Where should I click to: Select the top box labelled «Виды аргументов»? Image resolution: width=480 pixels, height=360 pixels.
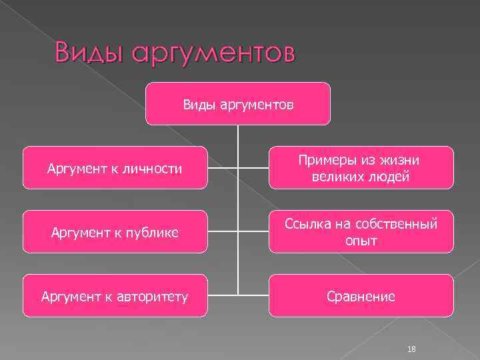(238, 103)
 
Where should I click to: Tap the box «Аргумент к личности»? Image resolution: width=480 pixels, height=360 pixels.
(115, 168)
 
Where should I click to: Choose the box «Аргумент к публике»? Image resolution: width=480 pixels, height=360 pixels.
(115, 232)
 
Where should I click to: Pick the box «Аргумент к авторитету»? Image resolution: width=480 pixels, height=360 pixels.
(115, 296)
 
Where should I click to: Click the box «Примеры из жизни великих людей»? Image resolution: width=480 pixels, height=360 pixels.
(361, 168)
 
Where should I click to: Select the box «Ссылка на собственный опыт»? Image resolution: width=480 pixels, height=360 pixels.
(361, 232)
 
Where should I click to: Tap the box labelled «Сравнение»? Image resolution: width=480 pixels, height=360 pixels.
(361, 296)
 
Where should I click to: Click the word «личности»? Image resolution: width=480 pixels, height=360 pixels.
(155, 169)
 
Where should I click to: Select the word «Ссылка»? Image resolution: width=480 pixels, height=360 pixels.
(305, 225)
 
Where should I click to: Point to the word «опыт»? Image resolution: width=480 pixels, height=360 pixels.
(361, 241)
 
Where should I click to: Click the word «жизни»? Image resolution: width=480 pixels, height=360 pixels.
(405, 161)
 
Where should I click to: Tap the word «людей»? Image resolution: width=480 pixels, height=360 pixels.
(390, 177)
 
